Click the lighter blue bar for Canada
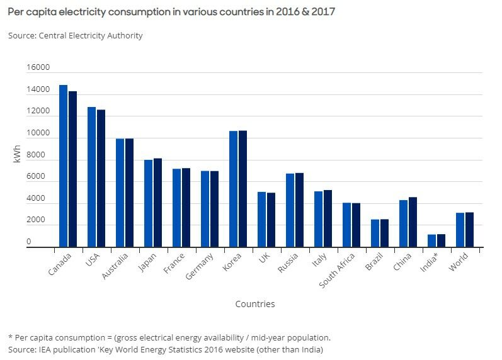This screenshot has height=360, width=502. point(63,166)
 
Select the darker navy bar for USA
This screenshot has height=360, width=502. point(101,179)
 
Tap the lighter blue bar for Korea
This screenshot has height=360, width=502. point(233,189)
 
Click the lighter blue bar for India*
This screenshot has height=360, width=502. point(431,240)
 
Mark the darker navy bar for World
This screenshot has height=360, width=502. point(469,230)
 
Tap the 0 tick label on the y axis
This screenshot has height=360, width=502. point(28,242)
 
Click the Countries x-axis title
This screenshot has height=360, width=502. point(255,304)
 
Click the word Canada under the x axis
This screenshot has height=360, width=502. point(60,264)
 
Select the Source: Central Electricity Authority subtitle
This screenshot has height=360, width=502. point(76,36)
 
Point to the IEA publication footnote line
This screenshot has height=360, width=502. point(166,349)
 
